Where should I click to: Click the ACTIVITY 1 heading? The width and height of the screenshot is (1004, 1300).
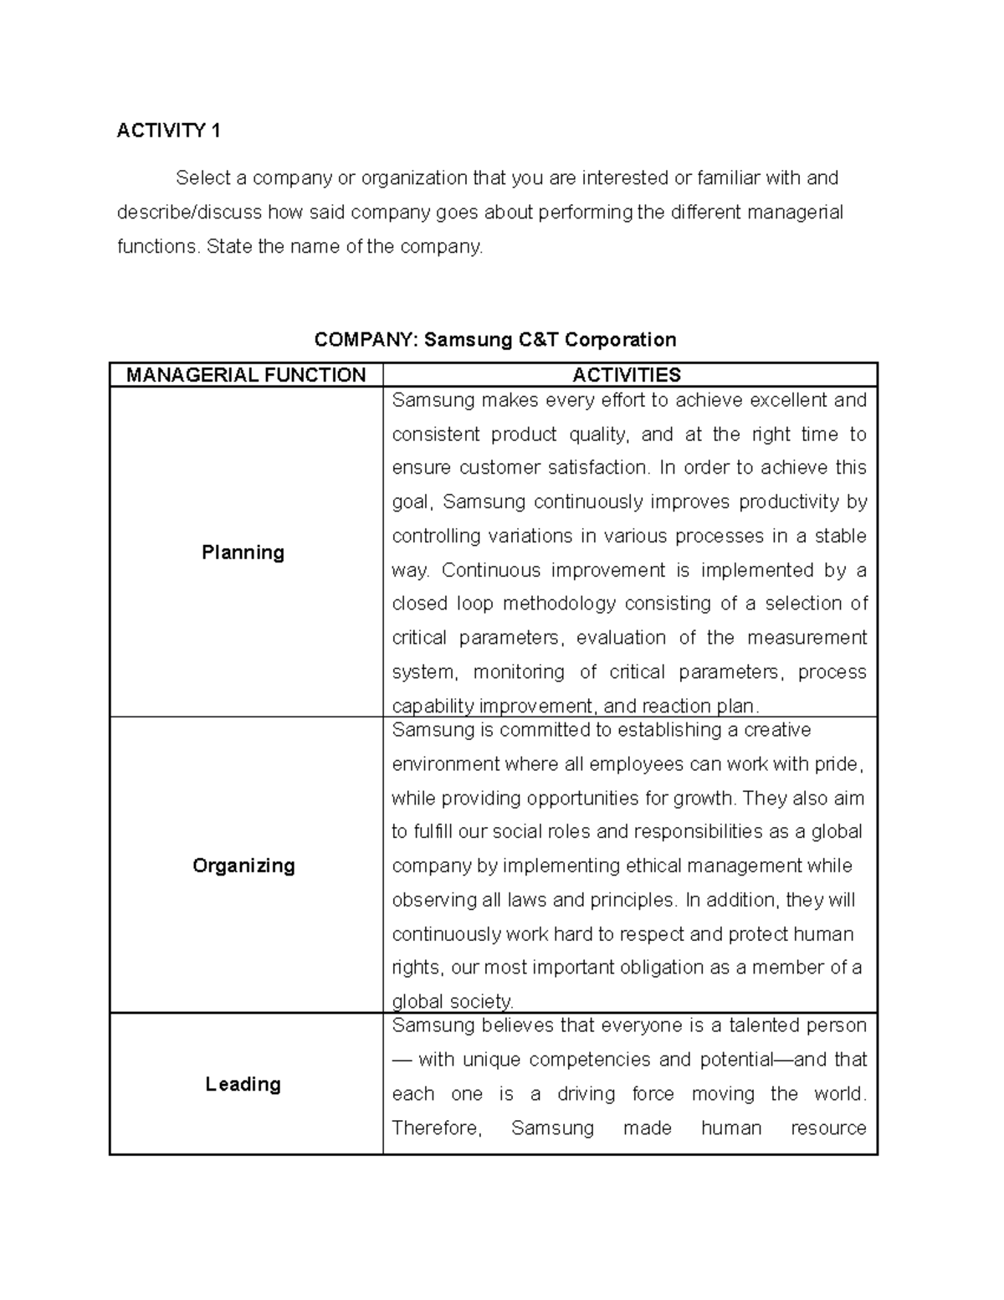pos(168,131)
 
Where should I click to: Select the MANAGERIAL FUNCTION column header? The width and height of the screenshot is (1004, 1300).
pos(246,375)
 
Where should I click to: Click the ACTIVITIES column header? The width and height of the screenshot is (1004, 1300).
pos(627,375)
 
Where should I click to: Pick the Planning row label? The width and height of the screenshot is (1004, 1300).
pos(243,552)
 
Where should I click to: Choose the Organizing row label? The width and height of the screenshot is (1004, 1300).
pos(243,866)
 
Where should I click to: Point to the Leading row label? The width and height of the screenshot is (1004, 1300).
pos(243,1085)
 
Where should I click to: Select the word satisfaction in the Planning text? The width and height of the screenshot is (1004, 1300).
pos(597,468)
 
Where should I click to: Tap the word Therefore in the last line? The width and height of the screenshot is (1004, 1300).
pos(436,1128)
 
